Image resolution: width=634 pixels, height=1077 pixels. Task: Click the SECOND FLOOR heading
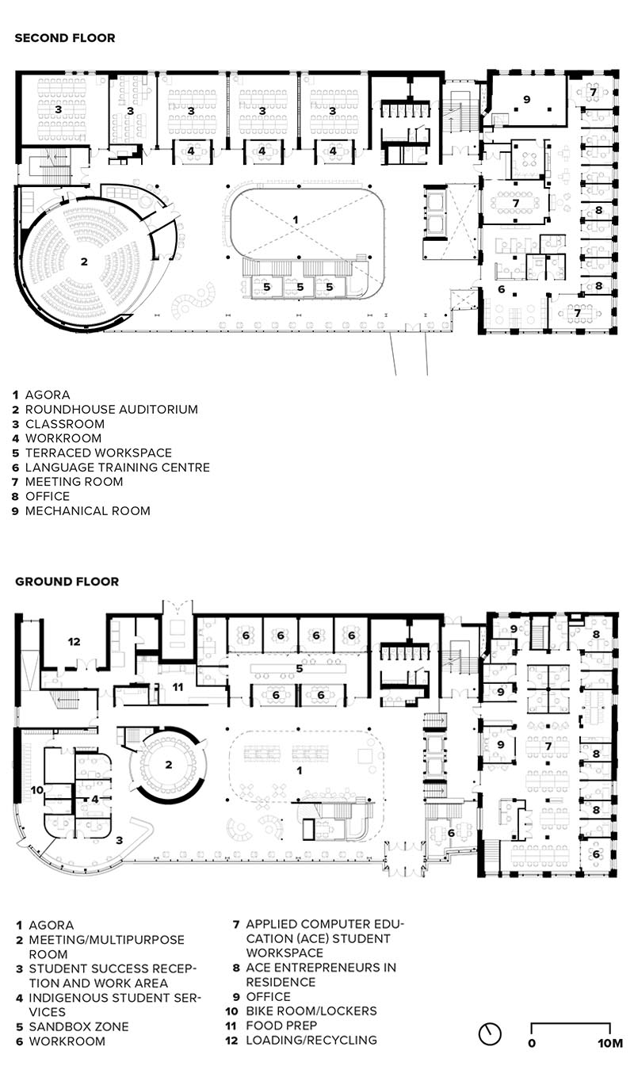[65, 38]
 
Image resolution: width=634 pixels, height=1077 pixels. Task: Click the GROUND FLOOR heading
[67, 582]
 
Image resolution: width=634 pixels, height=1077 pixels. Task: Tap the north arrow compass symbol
[490, 1033]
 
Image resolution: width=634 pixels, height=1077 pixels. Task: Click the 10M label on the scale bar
[610, 1044]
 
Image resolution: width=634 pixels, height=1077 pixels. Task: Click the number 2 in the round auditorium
[84, 262]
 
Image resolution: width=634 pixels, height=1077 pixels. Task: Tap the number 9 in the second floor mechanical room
[527, 100]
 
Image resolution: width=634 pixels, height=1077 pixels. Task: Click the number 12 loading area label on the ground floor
[74, 641]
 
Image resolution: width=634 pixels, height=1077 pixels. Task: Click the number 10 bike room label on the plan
[37, 790]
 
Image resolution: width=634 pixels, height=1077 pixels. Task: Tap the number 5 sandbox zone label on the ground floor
[300, 669]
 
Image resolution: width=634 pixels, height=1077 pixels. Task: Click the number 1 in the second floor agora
[296, 220]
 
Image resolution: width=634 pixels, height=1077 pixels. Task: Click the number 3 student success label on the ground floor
[119, 840]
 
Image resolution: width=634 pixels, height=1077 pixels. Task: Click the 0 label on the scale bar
[532, 1044]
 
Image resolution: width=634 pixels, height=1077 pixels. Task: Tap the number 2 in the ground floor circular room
[168, 765]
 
